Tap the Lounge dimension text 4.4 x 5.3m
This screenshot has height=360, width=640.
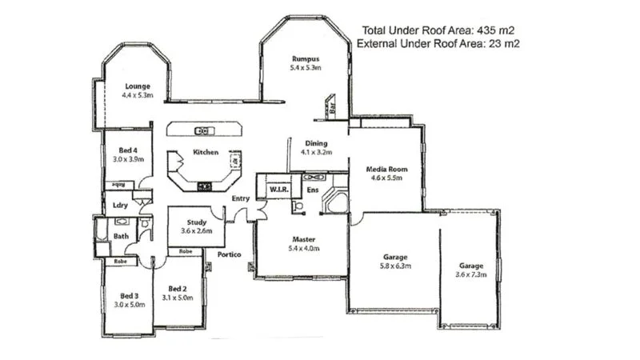(x=138, y=95)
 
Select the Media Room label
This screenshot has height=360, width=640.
(x=387, y=170)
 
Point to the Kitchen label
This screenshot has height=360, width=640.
(x=206, y=152)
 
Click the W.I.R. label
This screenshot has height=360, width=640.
(x=278, y=190)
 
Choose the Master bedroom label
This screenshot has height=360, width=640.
(x=303, y=239)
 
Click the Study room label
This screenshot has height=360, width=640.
(x=197, y=222)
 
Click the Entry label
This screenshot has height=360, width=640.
(x=241, y=198)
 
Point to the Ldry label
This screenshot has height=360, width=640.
(x=121, y=206)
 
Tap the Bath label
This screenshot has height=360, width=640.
(x=121, y=236)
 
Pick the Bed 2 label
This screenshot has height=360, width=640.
(x=178, y=289)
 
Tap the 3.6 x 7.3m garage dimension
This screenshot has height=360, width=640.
(x=470, y=274)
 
